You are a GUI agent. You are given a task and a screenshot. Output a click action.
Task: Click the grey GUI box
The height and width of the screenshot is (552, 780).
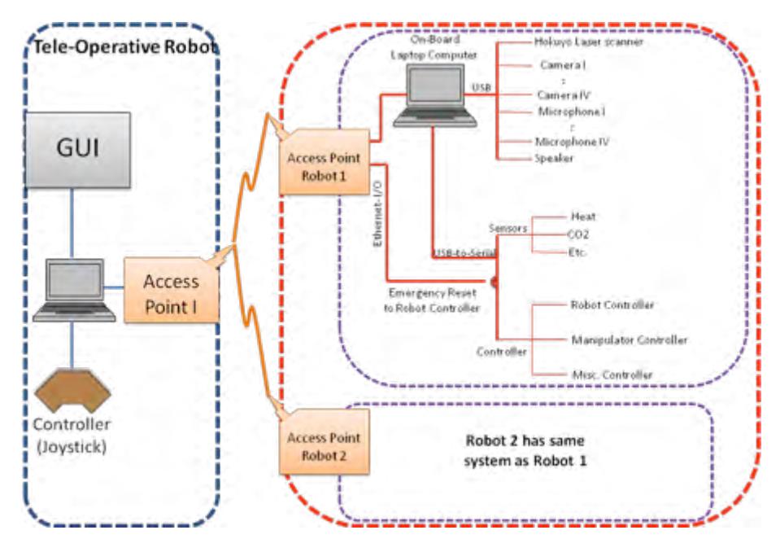[78, 150]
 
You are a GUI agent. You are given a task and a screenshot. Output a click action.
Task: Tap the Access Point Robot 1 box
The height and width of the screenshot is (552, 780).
[325, 162]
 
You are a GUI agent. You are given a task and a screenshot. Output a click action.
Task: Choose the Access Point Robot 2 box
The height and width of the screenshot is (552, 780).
[325, 442]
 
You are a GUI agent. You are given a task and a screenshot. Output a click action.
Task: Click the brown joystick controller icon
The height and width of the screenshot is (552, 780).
[72, 390]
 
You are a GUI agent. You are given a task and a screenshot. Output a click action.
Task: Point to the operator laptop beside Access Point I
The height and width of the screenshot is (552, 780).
[74, 290]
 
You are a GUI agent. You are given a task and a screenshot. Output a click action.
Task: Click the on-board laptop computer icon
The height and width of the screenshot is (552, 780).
[435, 96]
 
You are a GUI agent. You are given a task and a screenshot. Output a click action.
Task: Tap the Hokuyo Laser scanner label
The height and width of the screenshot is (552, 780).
[589, 42]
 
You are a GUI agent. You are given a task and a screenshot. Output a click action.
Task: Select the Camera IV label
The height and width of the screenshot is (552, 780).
[564, 94]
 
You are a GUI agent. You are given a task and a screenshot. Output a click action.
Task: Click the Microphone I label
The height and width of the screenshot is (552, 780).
[572, 112]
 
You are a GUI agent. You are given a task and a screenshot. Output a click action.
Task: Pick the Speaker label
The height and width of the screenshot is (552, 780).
[554, 158]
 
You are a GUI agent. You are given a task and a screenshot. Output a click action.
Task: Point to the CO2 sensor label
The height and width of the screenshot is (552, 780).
[578, 234]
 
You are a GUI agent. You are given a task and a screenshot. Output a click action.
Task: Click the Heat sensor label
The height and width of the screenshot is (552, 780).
[583, 217]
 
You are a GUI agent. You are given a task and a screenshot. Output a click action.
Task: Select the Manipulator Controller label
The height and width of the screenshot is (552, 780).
[630, 340]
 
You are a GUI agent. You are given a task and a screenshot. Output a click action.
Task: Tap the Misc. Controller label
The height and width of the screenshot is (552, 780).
[612, 375]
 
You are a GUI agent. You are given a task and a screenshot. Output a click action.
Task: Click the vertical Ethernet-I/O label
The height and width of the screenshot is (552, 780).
[377, 214]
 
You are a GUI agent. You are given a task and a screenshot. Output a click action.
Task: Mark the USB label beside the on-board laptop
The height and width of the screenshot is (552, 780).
[481, 88]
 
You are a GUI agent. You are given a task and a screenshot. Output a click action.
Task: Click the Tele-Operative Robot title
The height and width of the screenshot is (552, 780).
[125, 47]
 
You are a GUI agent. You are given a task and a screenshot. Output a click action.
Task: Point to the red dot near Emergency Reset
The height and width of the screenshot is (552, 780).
[494, 283]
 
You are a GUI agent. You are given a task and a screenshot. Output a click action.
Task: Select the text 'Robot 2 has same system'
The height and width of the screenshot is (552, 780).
[525, 450]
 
